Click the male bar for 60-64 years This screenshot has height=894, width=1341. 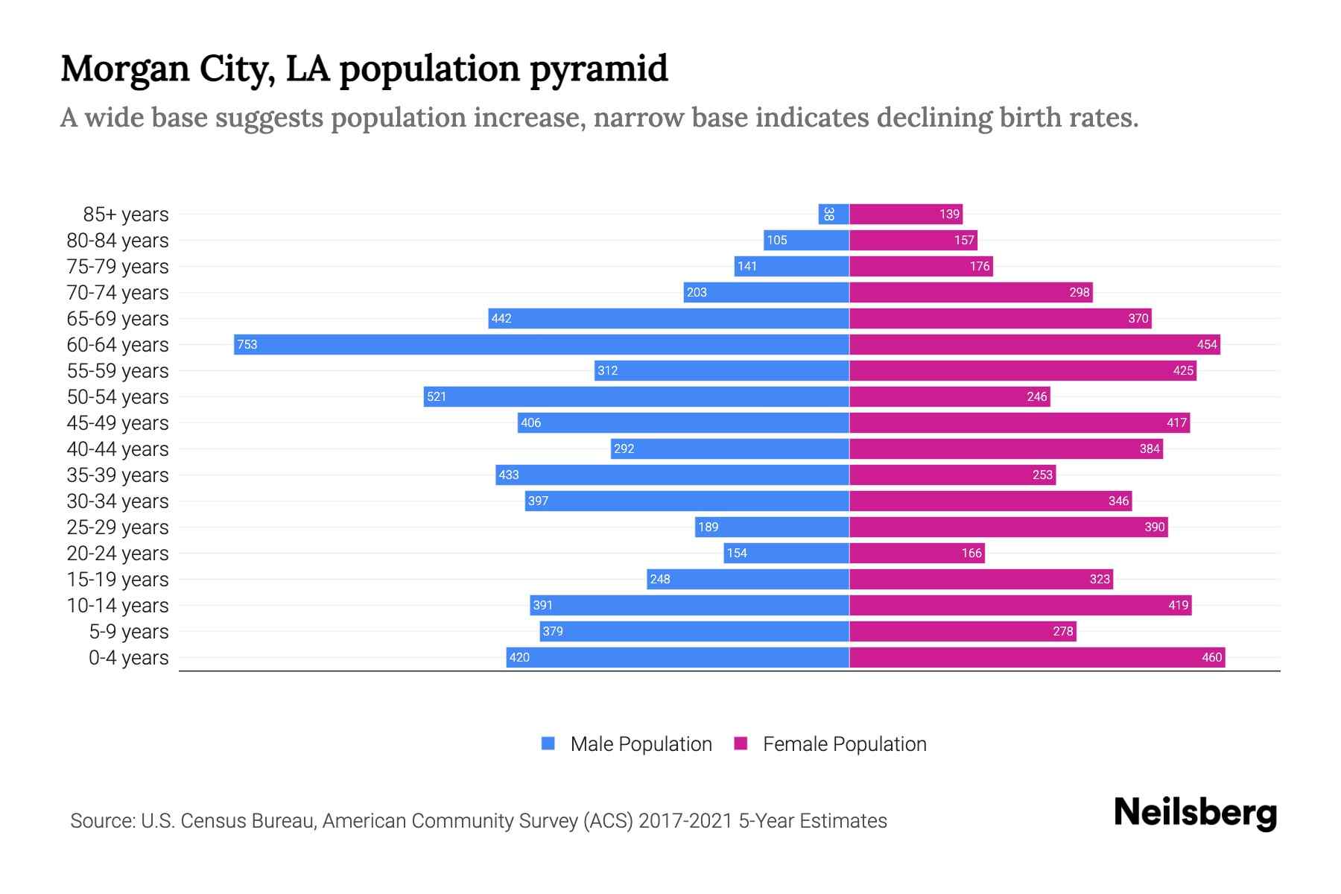(542, 344)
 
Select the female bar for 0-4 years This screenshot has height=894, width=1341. (1037, 657)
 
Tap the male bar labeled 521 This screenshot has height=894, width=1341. (636, 396)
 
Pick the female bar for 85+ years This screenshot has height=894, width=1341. (906, 214)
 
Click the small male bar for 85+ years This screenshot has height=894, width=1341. (834, 214)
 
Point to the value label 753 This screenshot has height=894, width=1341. (247, 344)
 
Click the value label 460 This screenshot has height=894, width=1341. (1211, 657)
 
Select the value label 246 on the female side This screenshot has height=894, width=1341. (1036, 396)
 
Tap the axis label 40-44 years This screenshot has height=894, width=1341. (118, 448)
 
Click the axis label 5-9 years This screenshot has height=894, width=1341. (129, 631)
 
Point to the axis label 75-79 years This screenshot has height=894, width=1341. (118, 266)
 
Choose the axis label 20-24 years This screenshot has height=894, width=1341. (118, 553)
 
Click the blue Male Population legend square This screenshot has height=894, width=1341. (548, 744)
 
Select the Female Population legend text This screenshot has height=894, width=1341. (844, 744)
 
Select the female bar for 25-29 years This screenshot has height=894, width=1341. (1009, 527)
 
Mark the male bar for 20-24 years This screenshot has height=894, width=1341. (786, 553)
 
